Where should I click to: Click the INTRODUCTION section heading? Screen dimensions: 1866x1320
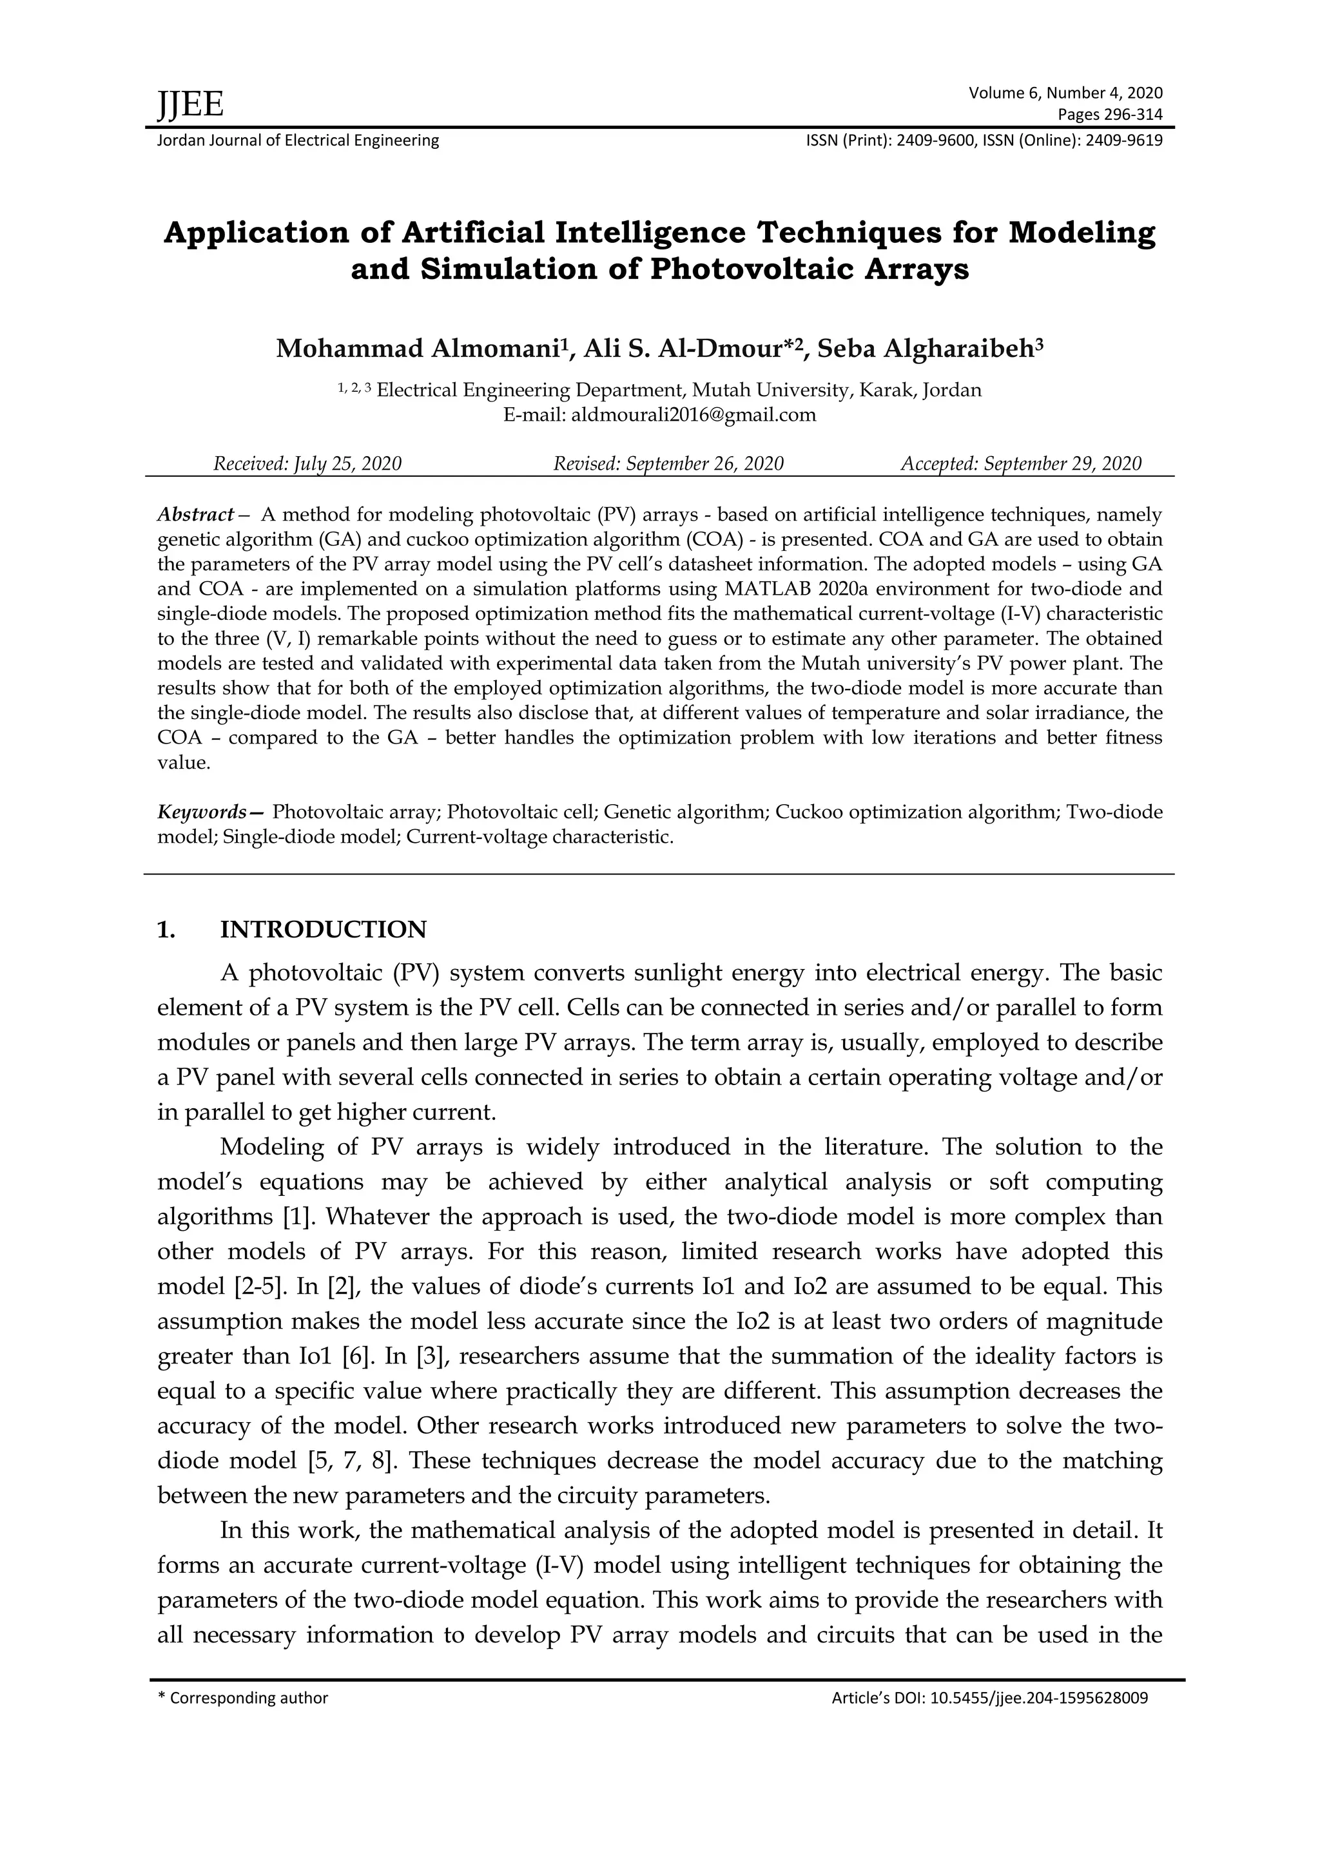(323, 929)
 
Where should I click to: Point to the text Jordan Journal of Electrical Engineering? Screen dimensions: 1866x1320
(298, 140)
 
